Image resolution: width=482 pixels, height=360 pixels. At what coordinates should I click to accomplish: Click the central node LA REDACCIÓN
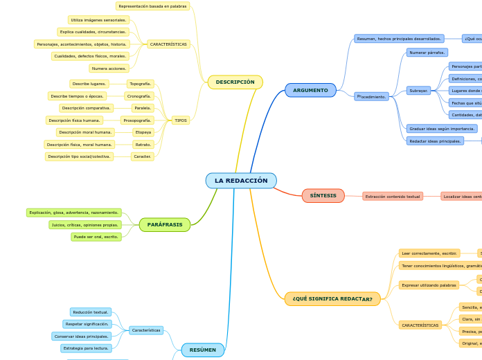pos(241,181)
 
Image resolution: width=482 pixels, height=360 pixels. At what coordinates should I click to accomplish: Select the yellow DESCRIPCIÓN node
pos(235,82)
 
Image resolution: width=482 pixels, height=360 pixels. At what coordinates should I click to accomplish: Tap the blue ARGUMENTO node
pos(310,90)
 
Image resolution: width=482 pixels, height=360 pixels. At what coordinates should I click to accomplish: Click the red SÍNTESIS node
pos(323,196)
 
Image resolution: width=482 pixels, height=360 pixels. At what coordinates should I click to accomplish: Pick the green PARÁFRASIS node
pos(165,224)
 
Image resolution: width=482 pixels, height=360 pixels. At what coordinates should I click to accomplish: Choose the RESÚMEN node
pos(203,350)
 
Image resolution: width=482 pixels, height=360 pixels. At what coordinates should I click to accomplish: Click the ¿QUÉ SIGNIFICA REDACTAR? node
pos(332,299)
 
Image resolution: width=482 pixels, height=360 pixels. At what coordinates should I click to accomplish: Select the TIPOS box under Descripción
pos(181,120)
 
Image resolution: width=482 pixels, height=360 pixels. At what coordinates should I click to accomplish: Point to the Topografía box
pos(141,84)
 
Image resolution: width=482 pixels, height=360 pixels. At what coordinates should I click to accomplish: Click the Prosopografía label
pos(137,120)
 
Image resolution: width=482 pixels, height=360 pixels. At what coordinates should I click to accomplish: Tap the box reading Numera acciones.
pos(109,69)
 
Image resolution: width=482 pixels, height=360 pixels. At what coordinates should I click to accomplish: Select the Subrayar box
pos(418,91)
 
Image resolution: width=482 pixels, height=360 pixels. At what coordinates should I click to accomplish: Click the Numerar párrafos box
pos(427,53)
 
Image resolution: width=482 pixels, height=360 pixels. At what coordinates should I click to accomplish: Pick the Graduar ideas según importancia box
pos(442,129)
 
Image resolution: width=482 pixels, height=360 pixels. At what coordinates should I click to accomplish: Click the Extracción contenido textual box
pos(393,197)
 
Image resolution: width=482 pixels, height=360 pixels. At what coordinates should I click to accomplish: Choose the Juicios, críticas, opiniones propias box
pos(85,225)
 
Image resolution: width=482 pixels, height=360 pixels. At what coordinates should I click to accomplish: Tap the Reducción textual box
pos(91,312)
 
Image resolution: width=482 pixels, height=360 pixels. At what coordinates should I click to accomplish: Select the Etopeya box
pos(143,132)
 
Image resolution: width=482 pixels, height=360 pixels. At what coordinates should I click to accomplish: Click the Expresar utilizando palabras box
pos(429,285)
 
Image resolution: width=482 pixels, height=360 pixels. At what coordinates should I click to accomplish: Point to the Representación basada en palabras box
pos(152,6)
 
